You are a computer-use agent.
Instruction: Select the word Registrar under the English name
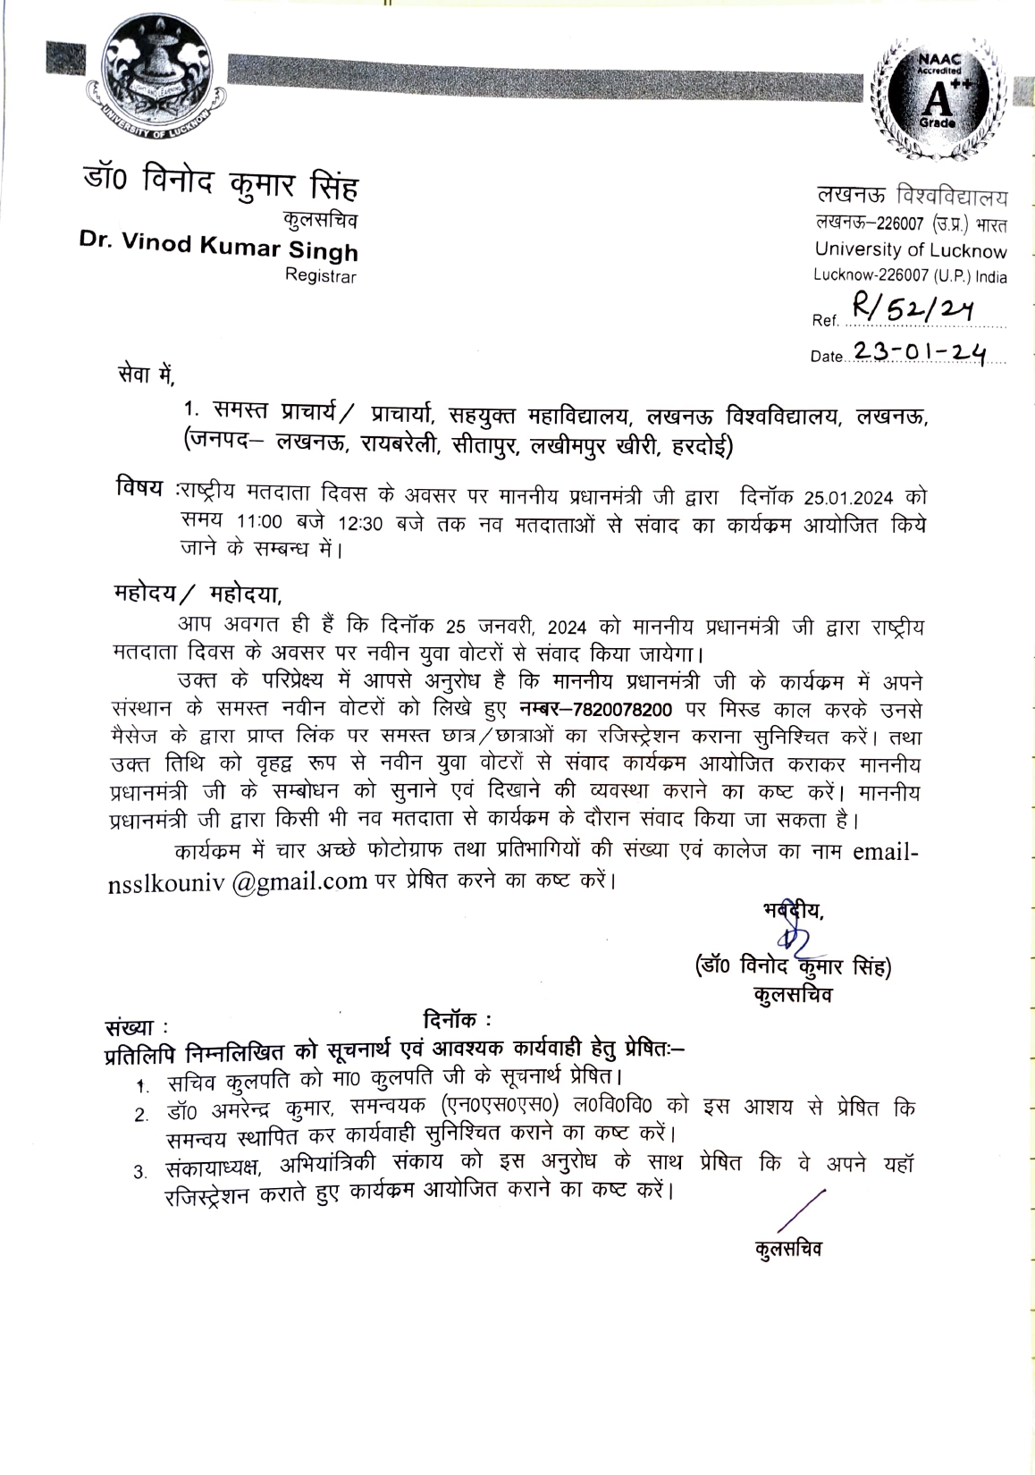[x=320, y=276]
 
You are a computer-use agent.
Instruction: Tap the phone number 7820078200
[x=616, y=710]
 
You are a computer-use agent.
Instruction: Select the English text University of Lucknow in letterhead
[x=910, y=251]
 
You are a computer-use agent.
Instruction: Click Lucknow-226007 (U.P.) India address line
[x=910, y=276]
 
